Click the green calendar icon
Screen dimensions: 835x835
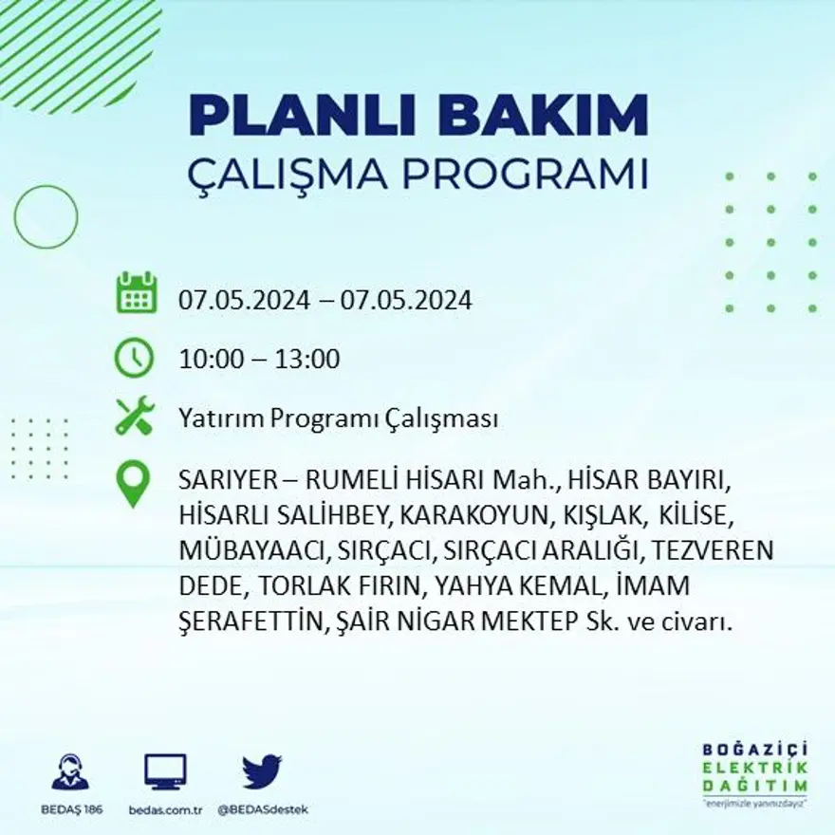coord(136,293)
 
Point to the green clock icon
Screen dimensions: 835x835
coord(135,358)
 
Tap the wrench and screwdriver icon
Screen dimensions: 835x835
coord(135,417)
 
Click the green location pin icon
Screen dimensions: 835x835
coord(133,484)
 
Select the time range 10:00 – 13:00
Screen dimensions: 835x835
coord(259,360)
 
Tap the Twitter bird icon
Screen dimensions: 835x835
coord(262,771)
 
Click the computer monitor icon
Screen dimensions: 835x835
coord(166,771)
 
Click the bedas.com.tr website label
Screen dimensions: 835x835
coord(166,809)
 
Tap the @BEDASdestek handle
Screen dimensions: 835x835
coord(263,809)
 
